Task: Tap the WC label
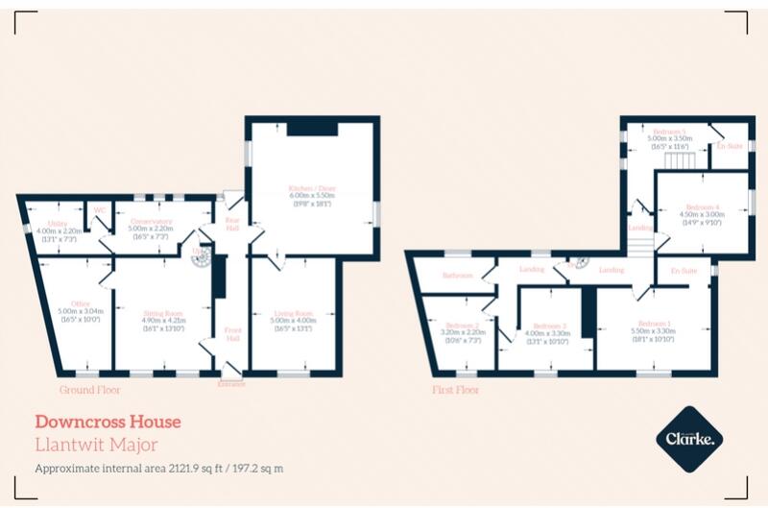[x=98, y=212]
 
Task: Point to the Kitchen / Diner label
[x=309, y=187]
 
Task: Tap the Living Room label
[x=294, y=313]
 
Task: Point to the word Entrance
[x=230, y=383]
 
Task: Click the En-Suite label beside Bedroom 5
[x=730, y=146]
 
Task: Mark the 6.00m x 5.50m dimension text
[x=309, y=196]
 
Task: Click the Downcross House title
[x=108, y=421]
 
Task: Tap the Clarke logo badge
[x=688, y=440]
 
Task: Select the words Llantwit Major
[x=96, y=445]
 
